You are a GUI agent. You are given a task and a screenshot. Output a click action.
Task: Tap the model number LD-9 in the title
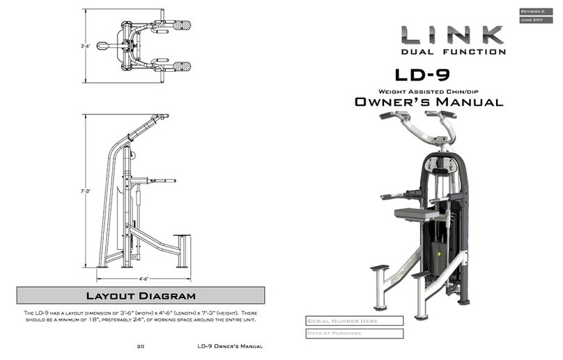424,75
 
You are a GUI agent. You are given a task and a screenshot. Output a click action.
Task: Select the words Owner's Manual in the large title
429,102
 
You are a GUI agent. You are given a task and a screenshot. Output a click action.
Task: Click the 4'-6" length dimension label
145,278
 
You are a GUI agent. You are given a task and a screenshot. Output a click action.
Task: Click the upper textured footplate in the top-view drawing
182,25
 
